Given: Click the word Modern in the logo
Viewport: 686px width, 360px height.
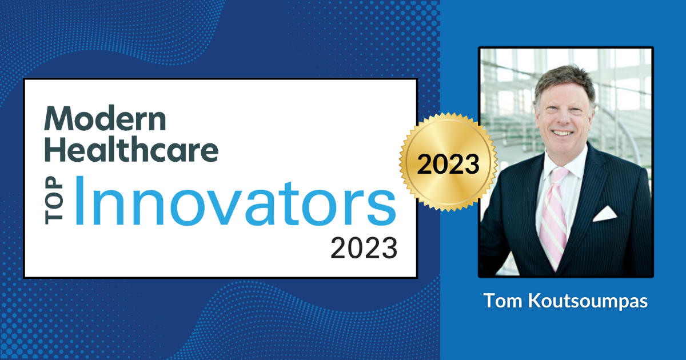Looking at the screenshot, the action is coord(105,118).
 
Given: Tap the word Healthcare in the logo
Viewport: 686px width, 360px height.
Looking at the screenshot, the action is coord(131,148).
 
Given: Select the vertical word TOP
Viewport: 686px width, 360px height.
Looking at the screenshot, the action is coord(54,200).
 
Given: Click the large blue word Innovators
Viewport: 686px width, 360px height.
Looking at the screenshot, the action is coord(236,201).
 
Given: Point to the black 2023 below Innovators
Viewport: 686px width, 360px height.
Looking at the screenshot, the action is coord(364,248).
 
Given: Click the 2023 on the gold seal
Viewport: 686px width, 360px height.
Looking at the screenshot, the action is coord(448,164).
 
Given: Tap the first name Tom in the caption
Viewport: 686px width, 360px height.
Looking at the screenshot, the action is coord(503,301).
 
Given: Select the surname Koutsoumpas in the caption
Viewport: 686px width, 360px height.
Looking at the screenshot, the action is coord(588,302).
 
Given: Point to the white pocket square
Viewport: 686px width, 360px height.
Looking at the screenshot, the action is coord(605,214).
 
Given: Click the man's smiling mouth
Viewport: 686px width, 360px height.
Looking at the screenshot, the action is coord(563,133).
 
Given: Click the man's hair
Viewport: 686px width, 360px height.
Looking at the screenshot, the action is coord(564,82).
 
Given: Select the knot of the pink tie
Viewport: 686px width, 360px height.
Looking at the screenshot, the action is coord(559,174).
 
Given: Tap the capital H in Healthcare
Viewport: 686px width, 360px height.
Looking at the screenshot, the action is coord(55,149).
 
